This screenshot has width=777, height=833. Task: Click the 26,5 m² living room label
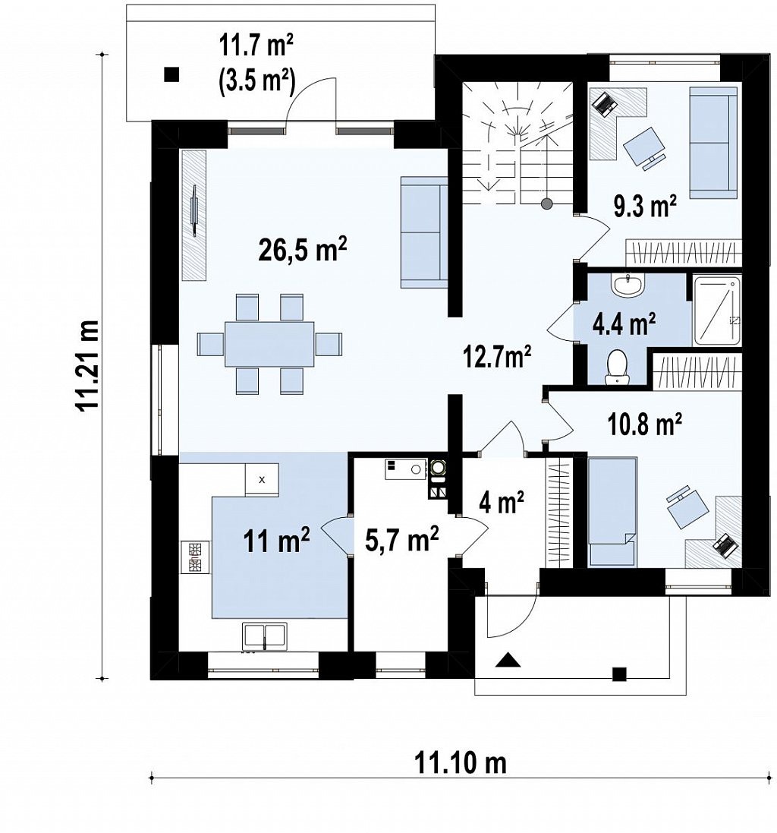tap(302, 250)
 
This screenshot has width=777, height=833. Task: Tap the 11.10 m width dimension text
tap(460, 763)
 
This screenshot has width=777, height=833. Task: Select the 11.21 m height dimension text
tap(87, 365)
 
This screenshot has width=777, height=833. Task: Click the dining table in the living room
tap(269, 344)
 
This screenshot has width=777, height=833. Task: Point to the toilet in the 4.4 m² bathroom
tap(616, 366)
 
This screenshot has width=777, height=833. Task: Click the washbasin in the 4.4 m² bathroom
tap(628, 285)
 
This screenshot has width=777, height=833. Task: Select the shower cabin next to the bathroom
tap(716, 311)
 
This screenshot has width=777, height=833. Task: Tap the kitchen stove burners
tap(195, 557)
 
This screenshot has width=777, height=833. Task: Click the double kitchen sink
tap(264, 636)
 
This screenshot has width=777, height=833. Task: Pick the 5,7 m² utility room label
tap(401, 538)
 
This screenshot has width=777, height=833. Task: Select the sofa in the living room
tap(423, 232)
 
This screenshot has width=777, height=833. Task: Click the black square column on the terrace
tap(171, 75)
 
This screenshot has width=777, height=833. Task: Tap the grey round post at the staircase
tap(546, 203)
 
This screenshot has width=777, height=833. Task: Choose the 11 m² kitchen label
tap(276, 541)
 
